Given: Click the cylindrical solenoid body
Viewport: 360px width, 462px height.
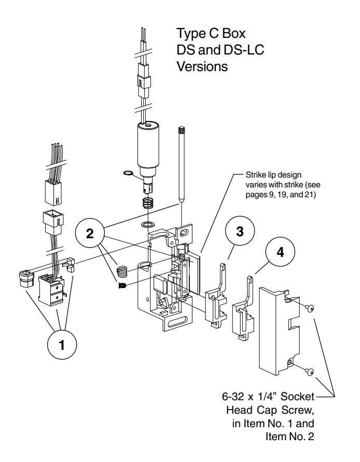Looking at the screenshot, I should [x=148, y=144].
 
